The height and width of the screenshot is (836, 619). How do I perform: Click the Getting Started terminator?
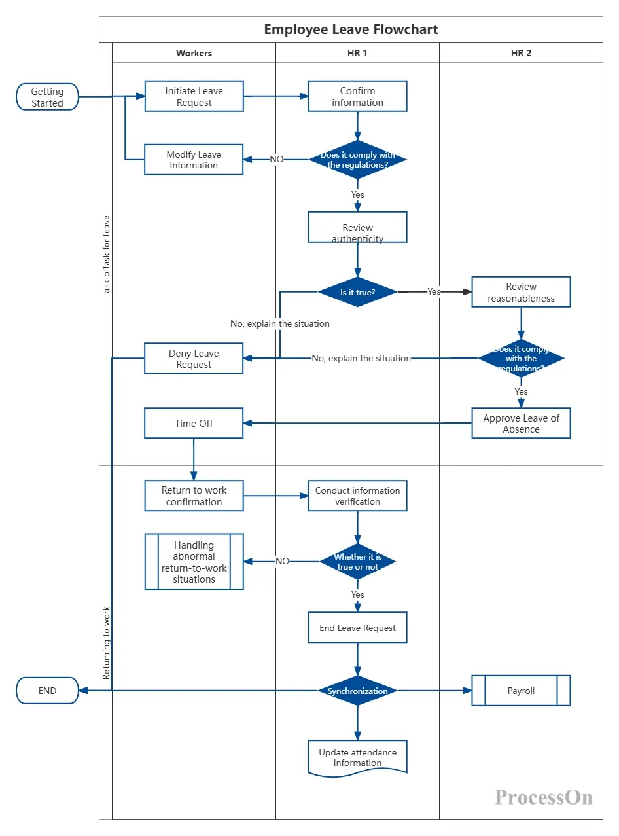point(47,97)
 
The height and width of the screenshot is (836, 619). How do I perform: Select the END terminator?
point(47,690)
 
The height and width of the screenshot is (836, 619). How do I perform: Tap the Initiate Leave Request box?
point(194,96)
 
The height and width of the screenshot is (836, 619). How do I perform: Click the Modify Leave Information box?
point(194,160)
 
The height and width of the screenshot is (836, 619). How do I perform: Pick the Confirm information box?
point(357,96)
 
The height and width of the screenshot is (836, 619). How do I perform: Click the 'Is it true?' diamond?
point(357,292)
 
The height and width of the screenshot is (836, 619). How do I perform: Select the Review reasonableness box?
point(521,292)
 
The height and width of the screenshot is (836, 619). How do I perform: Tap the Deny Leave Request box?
point(194,358)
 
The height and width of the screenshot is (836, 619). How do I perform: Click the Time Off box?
point(194,423)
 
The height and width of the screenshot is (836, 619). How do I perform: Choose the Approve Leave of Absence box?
point(521,423)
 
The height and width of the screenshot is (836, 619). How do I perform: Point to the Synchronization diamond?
point(357,690)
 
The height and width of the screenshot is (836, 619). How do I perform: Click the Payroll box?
point(521,690)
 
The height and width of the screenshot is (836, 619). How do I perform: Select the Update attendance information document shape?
point(357,757)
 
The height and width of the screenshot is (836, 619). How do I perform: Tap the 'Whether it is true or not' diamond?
point(357,561)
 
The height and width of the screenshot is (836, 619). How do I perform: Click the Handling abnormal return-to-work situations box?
point(194,561)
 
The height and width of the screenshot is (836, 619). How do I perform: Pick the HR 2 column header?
point(521,53)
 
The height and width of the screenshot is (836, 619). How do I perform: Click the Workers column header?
point(194,53)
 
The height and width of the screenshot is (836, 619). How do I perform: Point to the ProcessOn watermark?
point(543,797)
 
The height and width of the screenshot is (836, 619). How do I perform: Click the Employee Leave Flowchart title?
point(351,29)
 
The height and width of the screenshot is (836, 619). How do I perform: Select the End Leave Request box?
point(357,627)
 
